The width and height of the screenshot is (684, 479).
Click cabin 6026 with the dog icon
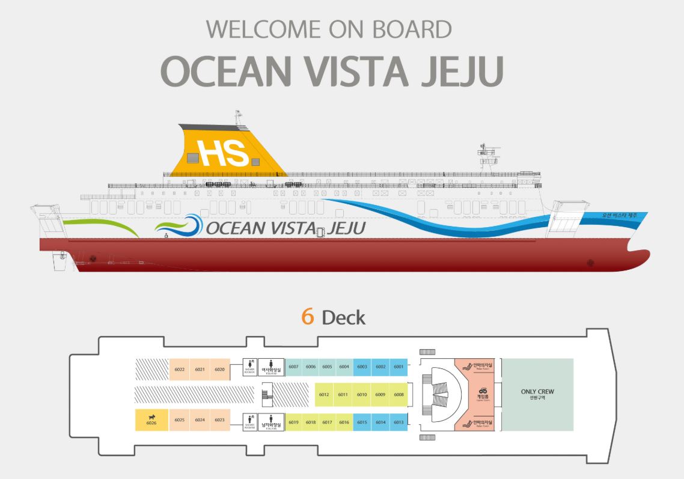point(151,421)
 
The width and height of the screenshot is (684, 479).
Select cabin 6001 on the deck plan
point(398,367)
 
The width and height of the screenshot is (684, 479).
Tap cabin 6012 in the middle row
point(324,394)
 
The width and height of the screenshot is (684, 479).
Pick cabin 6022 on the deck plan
point(179,369)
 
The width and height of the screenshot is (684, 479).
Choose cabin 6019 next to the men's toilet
point(293,422)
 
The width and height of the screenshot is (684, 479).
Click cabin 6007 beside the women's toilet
point(293,367)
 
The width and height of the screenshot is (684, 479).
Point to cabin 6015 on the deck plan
point(362,422)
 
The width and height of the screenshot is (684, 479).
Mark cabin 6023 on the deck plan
point(219,420)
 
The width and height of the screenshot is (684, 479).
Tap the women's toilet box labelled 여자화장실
point(272,367)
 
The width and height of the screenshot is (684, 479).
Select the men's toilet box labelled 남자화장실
point(272,422)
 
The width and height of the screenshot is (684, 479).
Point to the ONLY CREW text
point(537,392)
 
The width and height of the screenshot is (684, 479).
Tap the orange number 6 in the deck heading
point(308,317)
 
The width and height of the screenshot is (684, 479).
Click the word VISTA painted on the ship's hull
point(290,228)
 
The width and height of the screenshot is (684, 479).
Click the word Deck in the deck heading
point(343,317)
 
